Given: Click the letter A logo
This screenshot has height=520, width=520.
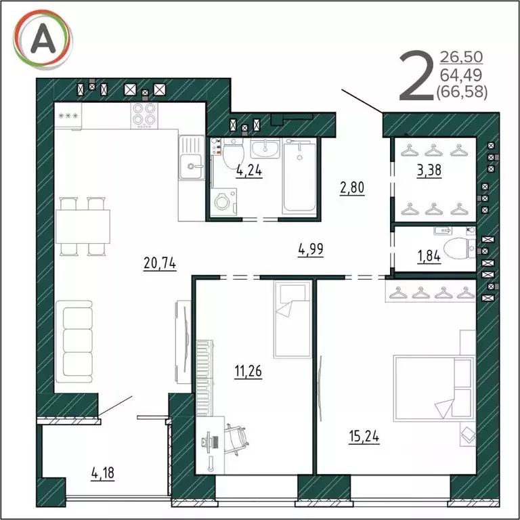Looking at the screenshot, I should [x=43, y=41].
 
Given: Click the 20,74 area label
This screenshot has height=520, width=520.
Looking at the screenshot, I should [x=160, y=264].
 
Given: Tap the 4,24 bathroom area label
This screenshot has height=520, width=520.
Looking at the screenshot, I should [x=248, y=171].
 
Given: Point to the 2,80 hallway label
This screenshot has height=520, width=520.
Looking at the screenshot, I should [x=352, y=188].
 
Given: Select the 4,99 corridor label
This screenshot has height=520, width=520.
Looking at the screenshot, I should [x=310, y=249].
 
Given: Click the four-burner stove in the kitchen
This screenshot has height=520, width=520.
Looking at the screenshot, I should [x=143, y=115].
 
